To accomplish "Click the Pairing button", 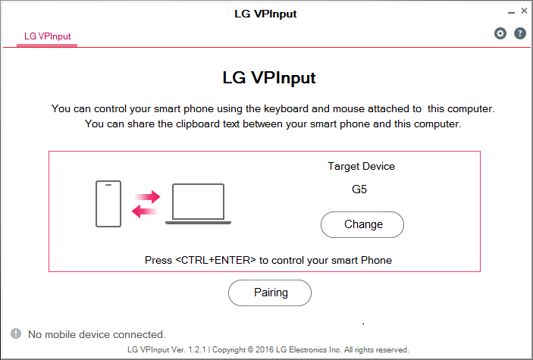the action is pyautogui.click(x=270, y=293).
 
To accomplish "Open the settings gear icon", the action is pyautogui.click(x=500, y=33).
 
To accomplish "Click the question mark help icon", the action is pyautogui.click(x=520, y=33).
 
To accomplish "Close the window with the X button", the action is pyautogui.click(x=524, y=11).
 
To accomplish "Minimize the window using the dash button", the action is pyautogui.click(x=511, y=13).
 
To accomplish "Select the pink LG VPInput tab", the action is pyautogui.click(x=47, y=36).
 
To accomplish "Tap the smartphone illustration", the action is pyautogui.click(x=108, y=204).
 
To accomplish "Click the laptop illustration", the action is pyautogui.click(x=198, y=204).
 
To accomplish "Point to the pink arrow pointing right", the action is pyautogui.click(x=148, y=196).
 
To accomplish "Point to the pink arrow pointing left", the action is pyautogui.click(x=144, y=211).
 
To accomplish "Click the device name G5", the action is pyautogui.click(x=359, y=189).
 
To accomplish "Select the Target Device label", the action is pyautogui.click(x=362, y=166).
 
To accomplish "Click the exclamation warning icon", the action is pyautogui.click(x=16, y=333).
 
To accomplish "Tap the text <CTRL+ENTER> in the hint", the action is pyautogui.click(x=215, y=260).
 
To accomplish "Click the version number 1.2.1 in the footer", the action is pyautogui.click(x=197, y=350).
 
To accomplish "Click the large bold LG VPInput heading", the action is pyautogui.click(x=269, y=77).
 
